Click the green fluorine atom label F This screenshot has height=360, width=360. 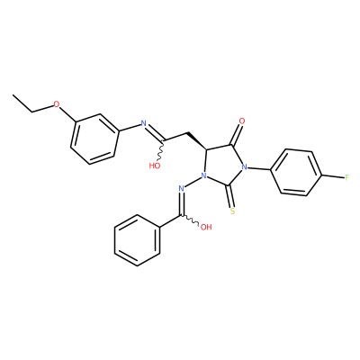[x=346, y=177]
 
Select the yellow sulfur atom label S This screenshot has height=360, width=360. [x=233, y=212]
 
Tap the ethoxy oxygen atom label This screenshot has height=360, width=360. [x=57, y=104]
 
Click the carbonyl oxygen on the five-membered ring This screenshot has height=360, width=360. [x=242, y=121]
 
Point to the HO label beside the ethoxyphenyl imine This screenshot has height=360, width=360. [x=155, y=166]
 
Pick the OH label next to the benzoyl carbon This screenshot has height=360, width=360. [x=206, y=227]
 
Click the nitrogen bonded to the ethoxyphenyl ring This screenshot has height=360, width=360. [x=143, y=123]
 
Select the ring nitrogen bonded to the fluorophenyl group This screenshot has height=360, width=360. [x=245, y=167]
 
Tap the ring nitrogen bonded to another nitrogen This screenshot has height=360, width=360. [x=204, y=175]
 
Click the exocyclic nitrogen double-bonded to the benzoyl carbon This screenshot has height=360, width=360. [x=181, y=189]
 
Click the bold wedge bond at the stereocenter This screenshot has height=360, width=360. [x=196, y=140]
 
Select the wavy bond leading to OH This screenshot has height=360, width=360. [x=189, y=220]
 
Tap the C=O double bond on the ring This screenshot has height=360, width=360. [x=237, y=136]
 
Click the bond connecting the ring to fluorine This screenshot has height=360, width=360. [x=333, y=177]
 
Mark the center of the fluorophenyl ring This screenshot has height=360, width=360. [x=296, y=173]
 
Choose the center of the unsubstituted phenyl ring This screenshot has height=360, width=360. [x=137, y=240]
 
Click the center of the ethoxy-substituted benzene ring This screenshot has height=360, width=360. [x=94, y=139]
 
